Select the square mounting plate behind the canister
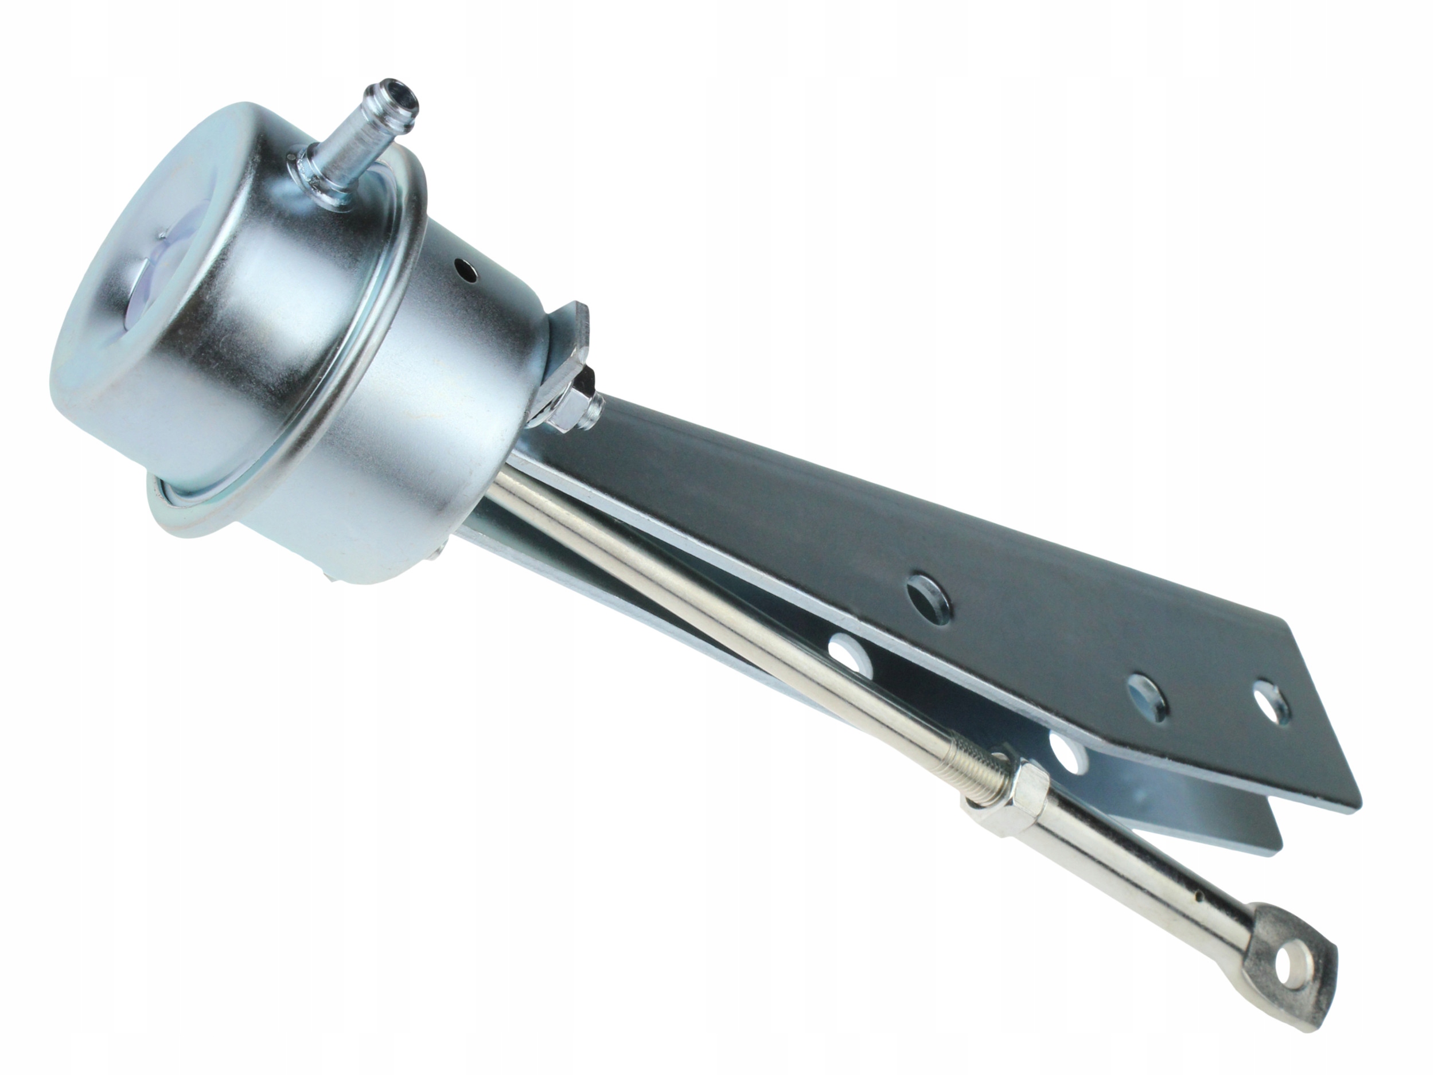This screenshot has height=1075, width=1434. pyautogui.click(x=571, y=337)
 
